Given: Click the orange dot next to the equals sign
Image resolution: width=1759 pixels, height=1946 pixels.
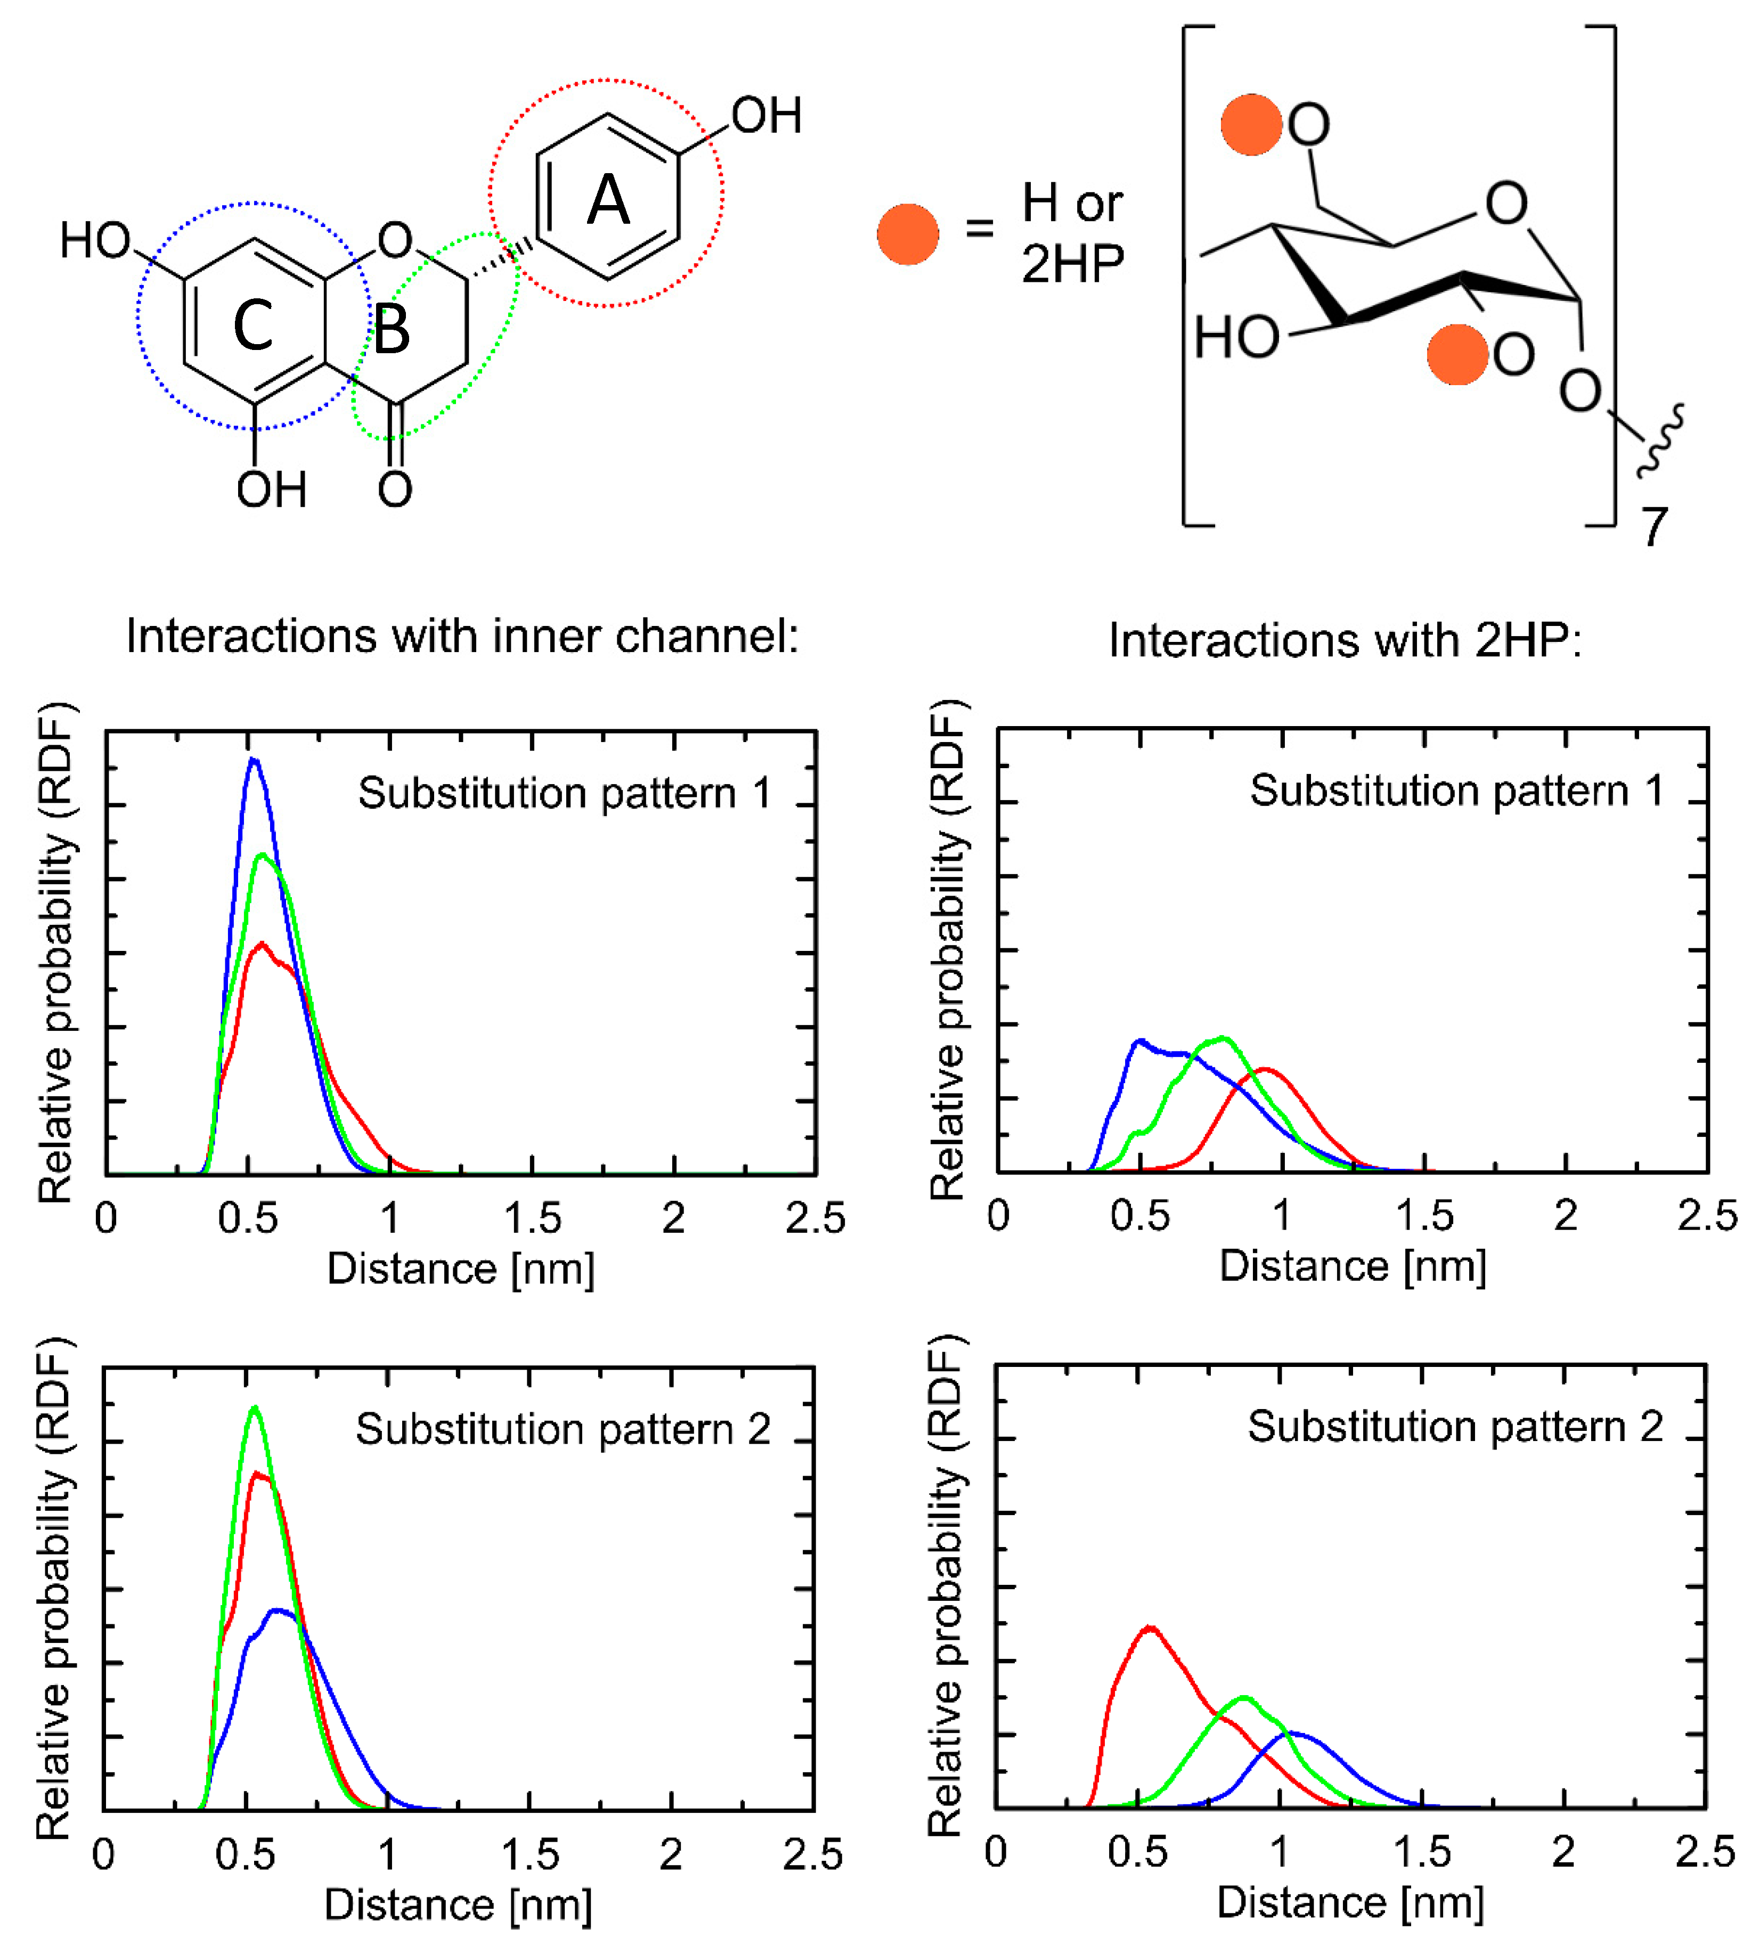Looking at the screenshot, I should [908, 234].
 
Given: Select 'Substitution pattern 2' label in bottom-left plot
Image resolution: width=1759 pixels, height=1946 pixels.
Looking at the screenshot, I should [563, 1430].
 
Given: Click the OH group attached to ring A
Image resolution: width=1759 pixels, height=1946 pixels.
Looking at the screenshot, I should [766, 116].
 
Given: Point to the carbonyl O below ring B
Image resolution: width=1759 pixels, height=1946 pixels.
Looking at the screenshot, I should [395, 490].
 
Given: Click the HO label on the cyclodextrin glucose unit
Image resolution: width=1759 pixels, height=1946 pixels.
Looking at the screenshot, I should [1237, 338].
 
